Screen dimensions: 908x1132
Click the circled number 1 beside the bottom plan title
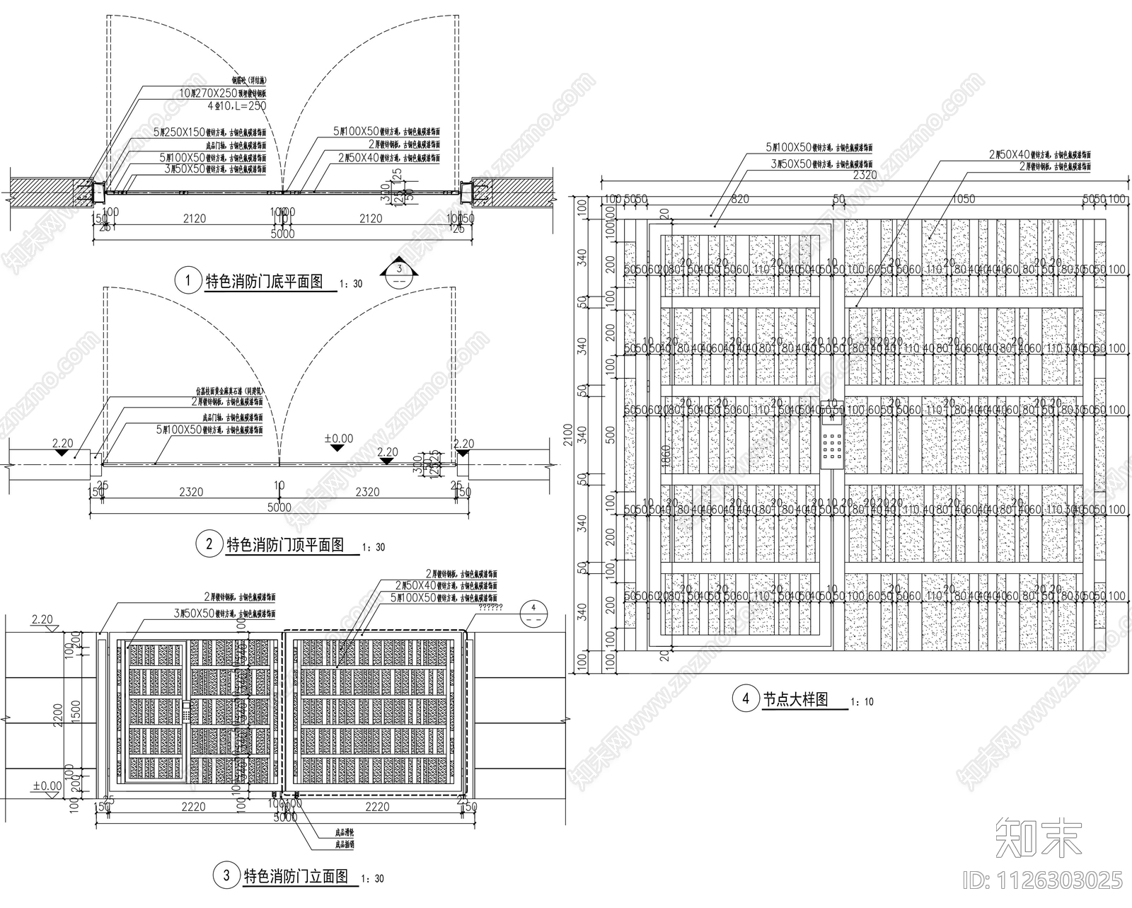point(187,280)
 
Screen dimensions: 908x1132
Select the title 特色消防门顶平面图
point(284,544)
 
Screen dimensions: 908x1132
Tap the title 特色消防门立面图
point(296,876)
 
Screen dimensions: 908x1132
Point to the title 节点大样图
point(795,699)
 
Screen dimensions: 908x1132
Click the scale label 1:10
point(863,702)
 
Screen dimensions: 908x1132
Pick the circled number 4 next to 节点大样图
point(745,700)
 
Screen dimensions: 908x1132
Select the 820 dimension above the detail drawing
point(739,200)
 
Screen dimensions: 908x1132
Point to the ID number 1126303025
point(1043,880)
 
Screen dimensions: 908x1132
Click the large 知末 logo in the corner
point(1038,839)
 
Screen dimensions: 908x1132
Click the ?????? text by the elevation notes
point(490,607)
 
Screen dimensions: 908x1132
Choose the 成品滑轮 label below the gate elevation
point(344,833)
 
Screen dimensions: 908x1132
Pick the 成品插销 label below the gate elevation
point(344,844)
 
